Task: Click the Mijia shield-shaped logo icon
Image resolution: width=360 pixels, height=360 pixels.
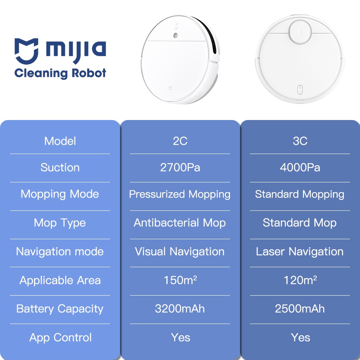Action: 26,51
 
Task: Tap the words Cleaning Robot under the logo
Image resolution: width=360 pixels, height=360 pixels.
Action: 60,73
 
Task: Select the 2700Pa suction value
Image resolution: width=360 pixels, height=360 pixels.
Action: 180,167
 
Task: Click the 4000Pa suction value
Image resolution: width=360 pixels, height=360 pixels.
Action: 300,167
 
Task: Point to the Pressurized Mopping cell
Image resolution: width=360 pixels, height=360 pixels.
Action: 180,194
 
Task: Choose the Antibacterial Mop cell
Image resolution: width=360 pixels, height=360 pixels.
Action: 180,223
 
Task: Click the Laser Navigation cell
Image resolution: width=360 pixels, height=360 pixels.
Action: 300,252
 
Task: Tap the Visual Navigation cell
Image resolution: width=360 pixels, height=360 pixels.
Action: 180,252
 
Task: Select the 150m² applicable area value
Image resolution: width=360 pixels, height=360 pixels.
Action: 180,280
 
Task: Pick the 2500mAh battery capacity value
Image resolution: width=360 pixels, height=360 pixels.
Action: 300,308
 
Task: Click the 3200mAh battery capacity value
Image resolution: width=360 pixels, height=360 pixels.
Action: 180,308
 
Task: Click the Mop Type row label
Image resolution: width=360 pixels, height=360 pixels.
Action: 60,223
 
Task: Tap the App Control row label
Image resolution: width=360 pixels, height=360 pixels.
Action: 60,338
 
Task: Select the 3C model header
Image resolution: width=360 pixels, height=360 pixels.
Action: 300,141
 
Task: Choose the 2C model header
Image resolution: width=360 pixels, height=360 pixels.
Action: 180,141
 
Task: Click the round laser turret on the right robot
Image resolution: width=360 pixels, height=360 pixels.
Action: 300,32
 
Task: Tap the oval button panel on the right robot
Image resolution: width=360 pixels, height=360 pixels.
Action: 300,90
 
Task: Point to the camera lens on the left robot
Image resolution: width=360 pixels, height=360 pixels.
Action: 176,35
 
